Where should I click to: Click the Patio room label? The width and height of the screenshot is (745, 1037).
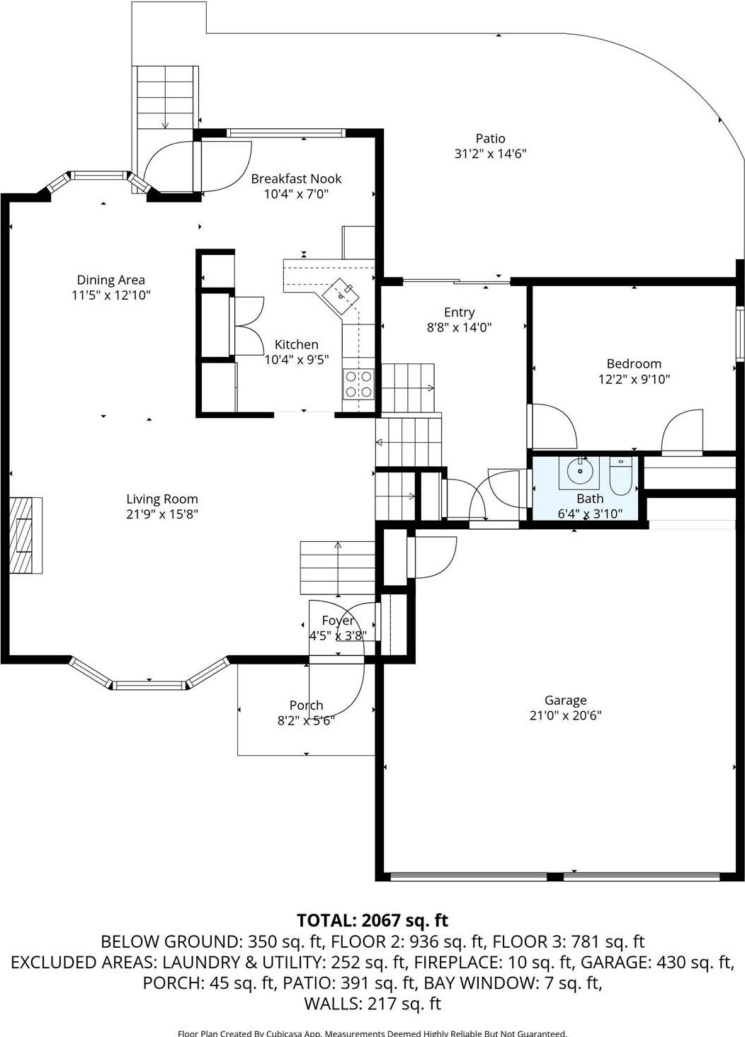pos(490,139)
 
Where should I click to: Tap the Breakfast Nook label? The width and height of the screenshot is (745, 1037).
pos(296,178)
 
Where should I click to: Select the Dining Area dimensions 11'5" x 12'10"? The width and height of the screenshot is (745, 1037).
pos(111,295)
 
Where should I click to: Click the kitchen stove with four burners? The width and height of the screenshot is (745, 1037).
pos(358,384)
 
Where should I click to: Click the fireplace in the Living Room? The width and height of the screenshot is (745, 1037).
pos(25,535)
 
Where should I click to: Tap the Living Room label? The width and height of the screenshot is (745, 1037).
pos(162,499)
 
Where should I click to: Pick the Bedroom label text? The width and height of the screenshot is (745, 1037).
pos(634,363)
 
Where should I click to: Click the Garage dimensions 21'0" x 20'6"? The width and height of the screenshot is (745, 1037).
pos(565,715)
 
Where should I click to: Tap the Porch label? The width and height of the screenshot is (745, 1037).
pos(306,705)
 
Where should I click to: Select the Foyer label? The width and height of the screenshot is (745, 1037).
pos(338,620)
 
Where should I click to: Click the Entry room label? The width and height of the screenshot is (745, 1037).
pos(459,312)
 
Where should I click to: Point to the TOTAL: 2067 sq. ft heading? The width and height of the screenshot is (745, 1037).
pos(372,920)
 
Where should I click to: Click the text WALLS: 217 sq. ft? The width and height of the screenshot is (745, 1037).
pos(372,1003)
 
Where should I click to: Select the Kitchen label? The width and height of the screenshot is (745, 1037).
pos(296,344)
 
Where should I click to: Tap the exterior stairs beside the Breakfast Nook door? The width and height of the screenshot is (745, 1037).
pos(165,97)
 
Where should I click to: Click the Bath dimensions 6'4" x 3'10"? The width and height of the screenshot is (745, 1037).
pos(590,514)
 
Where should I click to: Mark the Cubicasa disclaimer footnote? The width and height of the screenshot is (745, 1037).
pos(372,1033)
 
